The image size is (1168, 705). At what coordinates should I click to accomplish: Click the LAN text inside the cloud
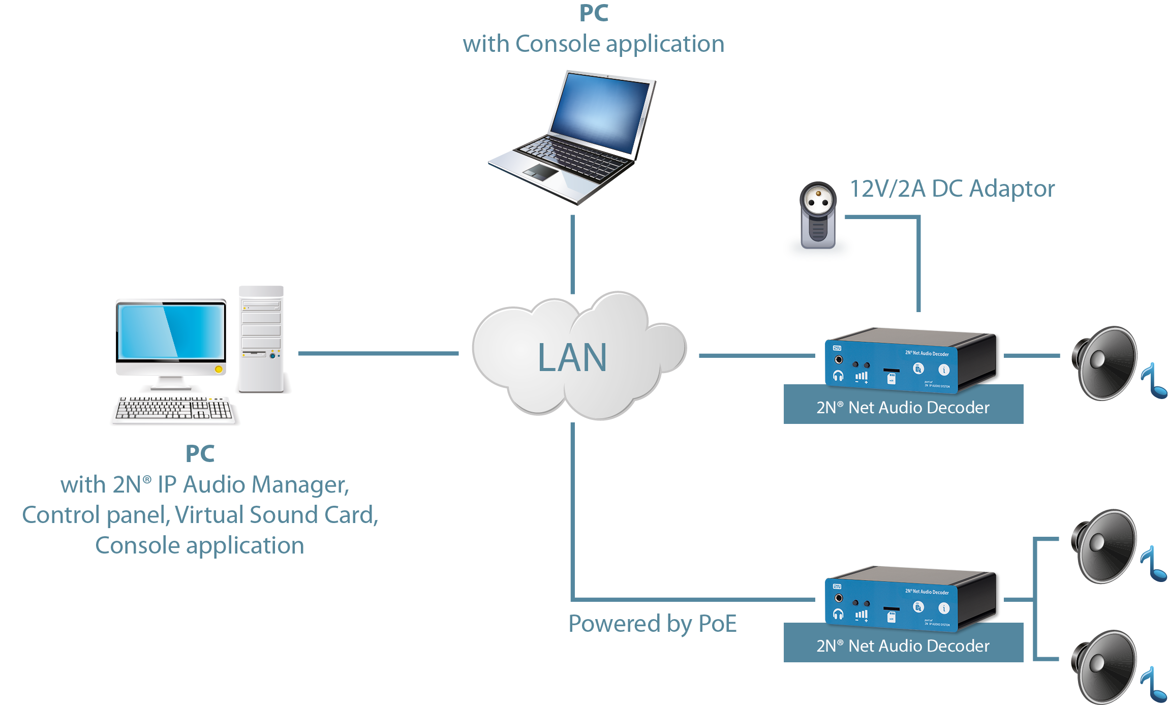[572, 357]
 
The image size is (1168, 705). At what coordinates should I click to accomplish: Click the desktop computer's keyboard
[173, 409]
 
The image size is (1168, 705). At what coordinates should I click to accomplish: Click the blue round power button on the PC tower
[272, 356]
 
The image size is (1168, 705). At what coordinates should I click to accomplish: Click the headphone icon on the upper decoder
[838, 376]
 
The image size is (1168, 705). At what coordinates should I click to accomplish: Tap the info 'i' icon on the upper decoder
[943, 370]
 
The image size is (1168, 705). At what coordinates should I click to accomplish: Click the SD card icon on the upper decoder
[891, 379]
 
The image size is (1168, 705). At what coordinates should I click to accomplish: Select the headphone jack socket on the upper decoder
[839, 360]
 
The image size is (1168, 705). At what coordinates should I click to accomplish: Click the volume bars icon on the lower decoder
[862, 615]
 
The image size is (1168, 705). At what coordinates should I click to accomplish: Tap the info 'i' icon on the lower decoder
[943, 608]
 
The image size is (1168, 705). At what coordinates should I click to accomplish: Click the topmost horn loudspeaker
[1105, 363]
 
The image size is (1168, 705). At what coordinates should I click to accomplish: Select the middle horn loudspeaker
[1105, 546]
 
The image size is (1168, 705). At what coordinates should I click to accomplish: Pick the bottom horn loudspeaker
[1105, 666]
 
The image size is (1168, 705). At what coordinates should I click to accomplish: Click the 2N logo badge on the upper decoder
[837, 348]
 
